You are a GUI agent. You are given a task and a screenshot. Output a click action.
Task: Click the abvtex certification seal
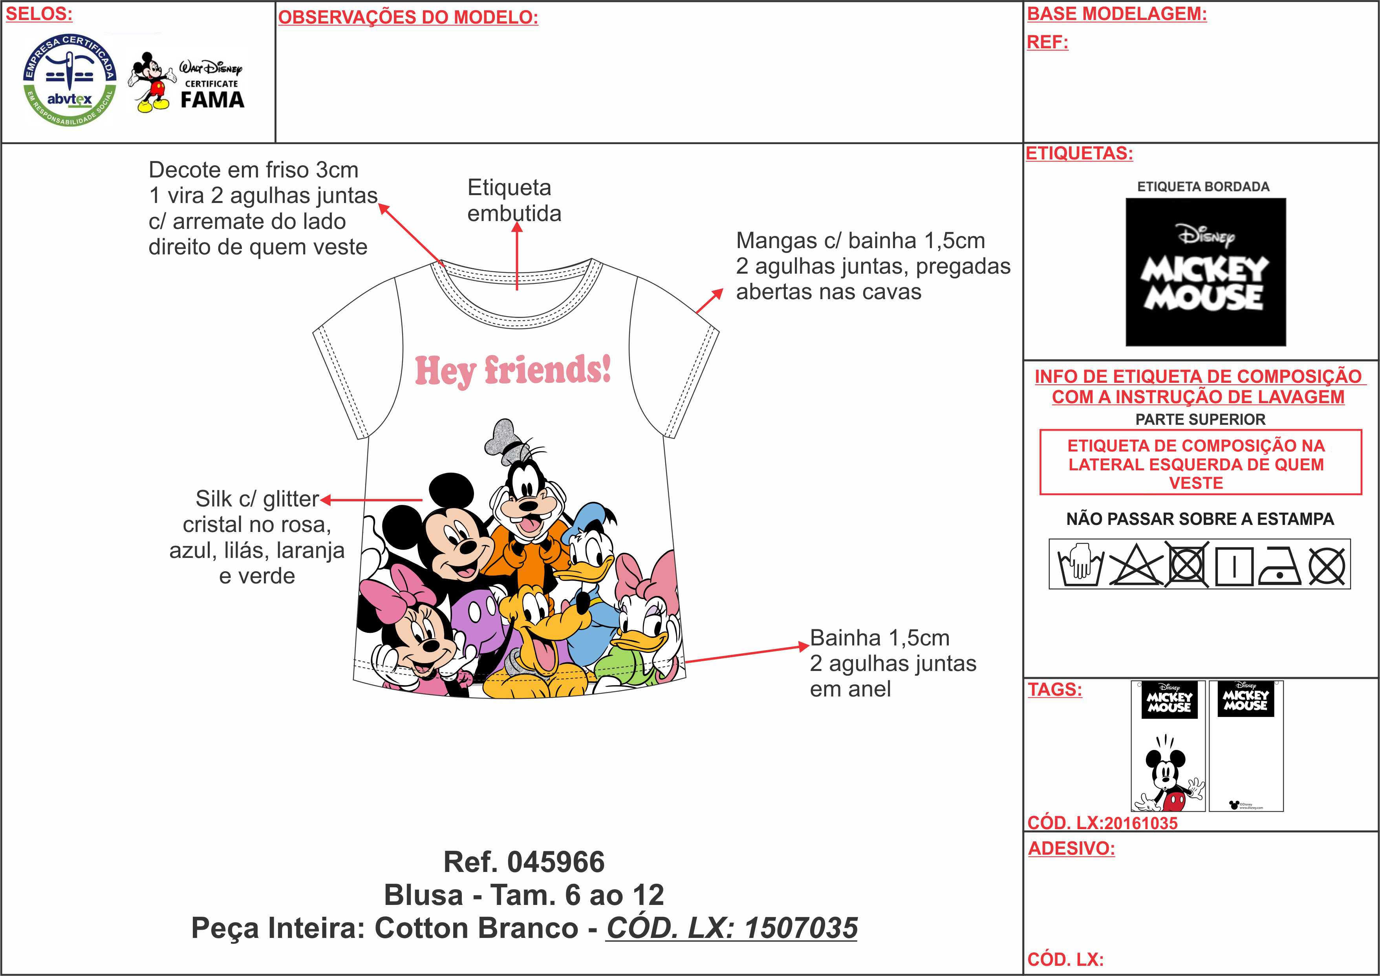coord(69,80)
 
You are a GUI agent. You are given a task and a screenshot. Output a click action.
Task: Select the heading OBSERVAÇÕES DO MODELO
coord(408,17)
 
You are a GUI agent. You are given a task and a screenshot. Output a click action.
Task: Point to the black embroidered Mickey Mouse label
coord(1205,272)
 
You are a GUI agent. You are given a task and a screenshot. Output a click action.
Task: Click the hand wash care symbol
coord(1080,564)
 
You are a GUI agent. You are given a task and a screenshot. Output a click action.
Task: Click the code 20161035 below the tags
coord(1140,823)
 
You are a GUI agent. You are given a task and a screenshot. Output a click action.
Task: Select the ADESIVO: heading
coord(1071,848)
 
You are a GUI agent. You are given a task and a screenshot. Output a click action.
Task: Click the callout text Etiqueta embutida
coord(514,200)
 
